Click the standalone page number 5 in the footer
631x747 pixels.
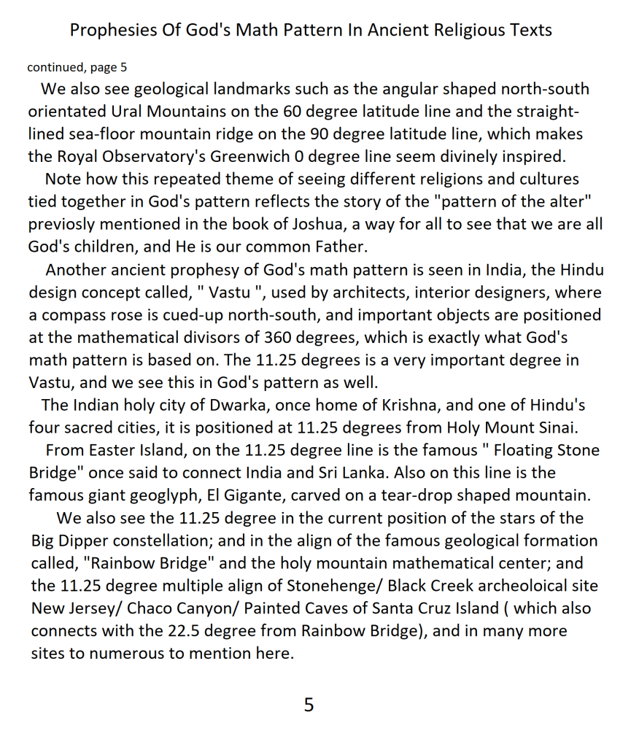click(x=309, y=704)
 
